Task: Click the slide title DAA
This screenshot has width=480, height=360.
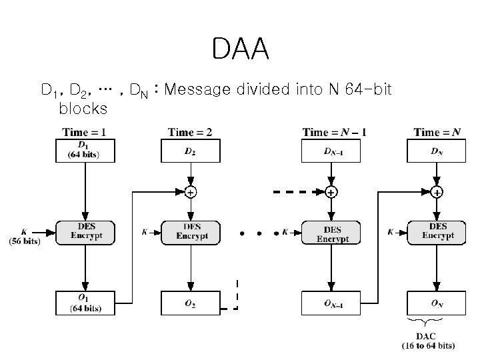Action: [240, 49]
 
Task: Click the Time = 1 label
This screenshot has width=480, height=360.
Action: [84, 132]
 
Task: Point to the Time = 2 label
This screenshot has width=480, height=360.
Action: [190, 132]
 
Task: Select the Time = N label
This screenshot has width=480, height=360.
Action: [437, 132]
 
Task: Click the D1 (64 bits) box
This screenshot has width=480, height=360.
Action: [84, 150]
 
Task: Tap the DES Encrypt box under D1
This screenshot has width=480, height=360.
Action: [84, 231]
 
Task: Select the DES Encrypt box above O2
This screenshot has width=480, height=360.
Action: [191, 231]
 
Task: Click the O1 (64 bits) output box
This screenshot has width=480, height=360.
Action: [84, 303]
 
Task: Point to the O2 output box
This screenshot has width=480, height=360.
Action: [190, 303]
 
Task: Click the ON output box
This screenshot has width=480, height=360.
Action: [437, 303]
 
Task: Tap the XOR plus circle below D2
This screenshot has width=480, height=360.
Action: [191, 193]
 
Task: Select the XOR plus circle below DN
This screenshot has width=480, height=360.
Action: [437, 193]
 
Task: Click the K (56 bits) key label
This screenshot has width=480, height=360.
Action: [25, 236]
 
